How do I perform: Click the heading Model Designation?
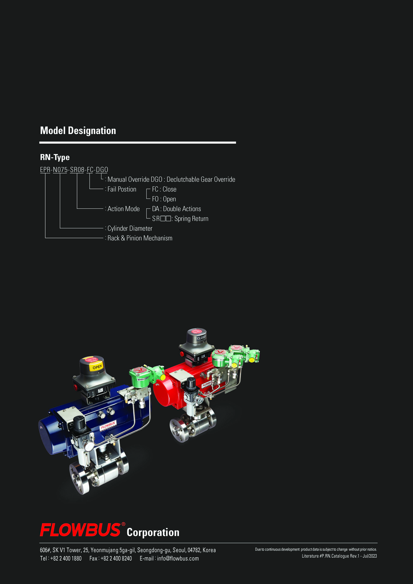pos(78,131)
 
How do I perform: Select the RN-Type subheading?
pos(55,157)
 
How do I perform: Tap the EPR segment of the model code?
pos(45,170)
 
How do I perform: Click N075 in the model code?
pos(60,170)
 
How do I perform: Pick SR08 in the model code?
pos(77,170)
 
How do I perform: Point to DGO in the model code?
pos(102,170)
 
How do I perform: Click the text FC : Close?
pos(164,189)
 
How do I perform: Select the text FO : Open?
pos(164,199)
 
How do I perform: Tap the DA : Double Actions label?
pos(176,209)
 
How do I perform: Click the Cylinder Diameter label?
pos(130,228)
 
